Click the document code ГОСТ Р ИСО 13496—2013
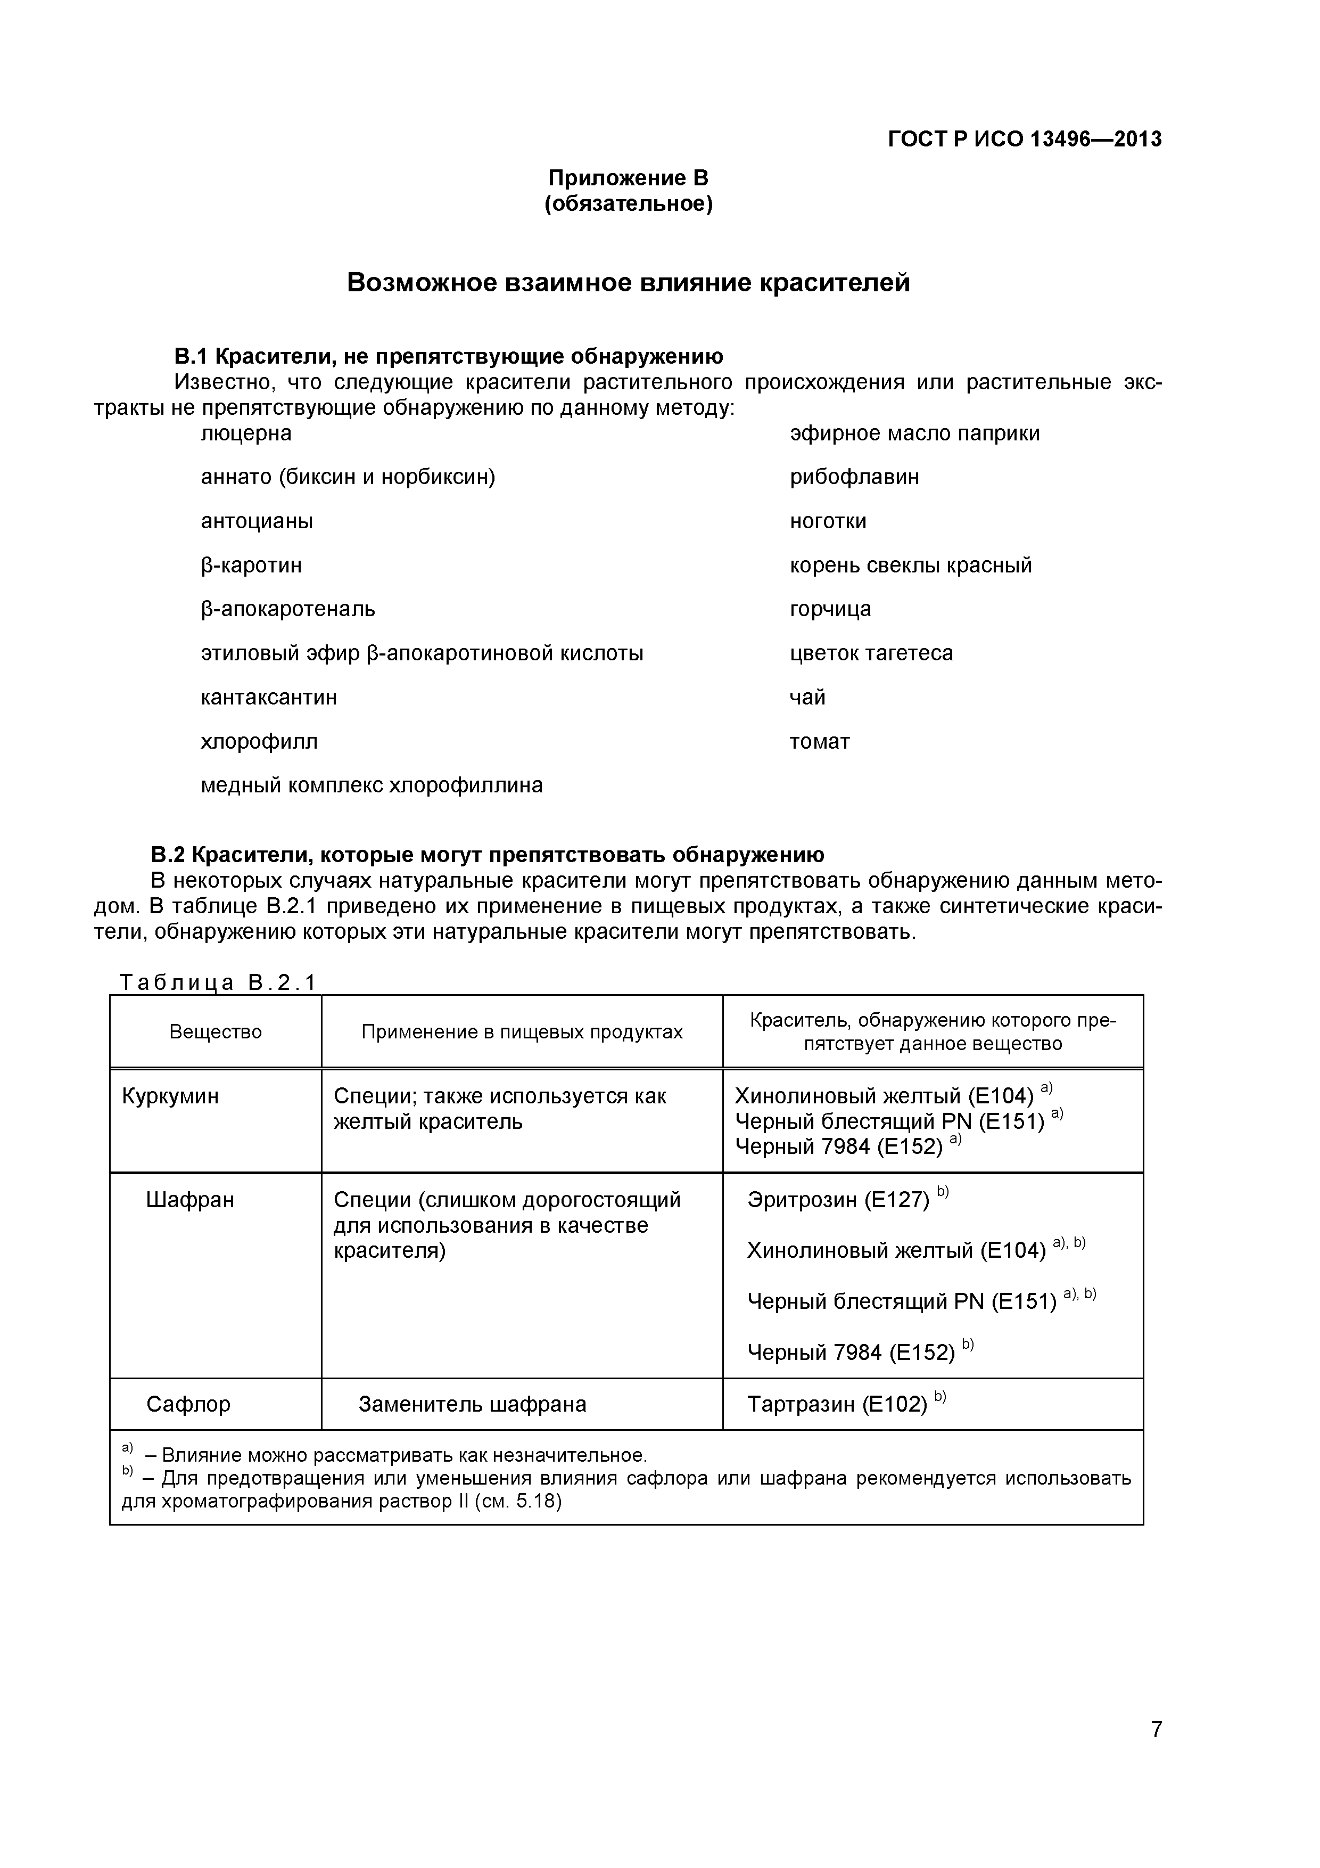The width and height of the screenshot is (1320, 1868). [x=1024, y=139]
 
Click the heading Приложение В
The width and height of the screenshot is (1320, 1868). [x=628, y=177]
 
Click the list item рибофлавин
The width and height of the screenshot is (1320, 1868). [x=854, y=477]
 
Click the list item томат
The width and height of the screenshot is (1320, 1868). [x=819, y=741]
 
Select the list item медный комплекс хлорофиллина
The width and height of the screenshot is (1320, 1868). [x=372, y=785]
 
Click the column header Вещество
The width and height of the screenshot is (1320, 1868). [x=216, y=1031]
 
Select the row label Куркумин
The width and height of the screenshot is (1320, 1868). [x=170, y=1096]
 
